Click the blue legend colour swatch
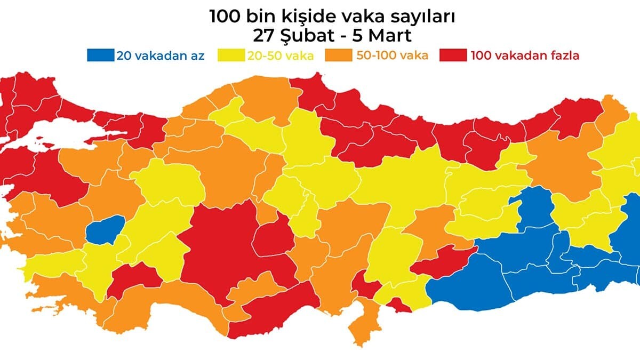100,55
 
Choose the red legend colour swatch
453,55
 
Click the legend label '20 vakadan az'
160,55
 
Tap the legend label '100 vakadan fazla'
525,55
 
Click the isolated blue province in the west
105,230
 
